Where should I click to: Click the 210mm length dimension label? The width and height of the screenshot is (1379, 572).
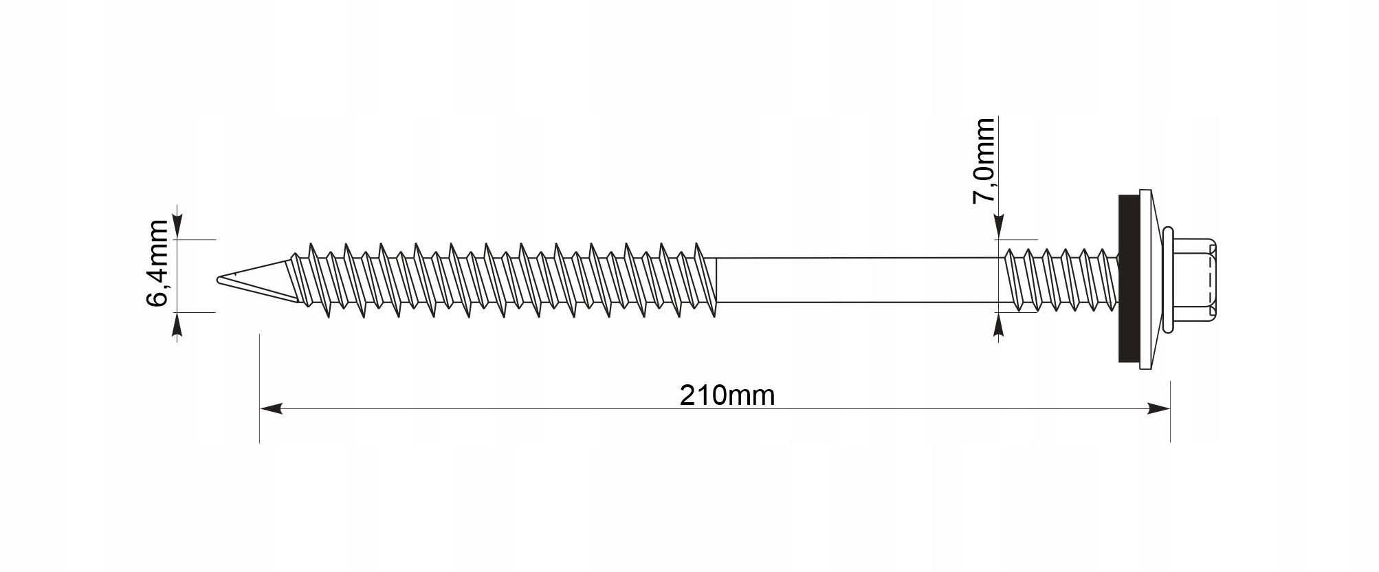[727, 395]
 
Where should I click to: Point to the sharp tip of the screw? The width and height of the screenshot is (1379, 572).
[218, 279]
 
